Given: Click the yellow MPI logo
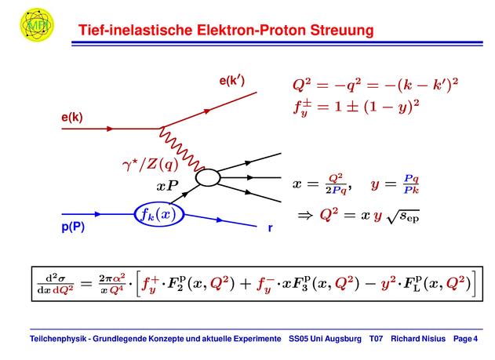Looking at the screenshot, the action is [37, 24].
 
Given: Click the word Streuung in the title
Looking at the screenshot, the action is [342, 31].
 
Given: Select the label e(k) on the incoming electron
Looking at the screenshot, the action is [72, 118].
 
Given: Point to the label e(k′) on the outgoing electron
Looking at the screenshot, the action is [232, 81].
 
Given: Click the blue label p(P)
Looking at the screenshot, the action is [73, 227].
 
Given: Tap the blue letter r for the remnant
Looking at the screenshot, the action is [270, 227].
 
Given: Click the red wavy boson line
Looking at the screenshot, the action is [182, 149].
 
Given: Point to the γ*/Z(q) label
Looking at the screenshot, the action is [151, 165].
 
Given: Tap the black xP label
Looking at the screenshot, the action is [167, 186].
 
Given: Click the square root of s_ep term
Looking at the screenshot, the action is [403, 216].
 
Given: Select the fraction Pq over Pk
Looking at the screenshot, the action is [411, 184].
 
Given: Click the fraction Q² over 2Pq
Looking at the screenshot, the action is [337, 184].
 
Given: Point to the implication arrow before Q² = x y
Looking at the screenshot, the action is [305, 216].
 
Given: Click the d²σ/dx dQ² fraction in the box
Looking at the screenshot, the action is [56, 284].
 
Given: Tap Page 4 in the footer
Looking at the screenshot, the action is [465, 339].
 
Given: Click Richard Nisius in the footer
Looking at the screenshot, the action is [418, 339].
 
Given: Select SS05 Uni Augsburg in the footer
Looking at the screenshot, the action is [325, 339].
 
